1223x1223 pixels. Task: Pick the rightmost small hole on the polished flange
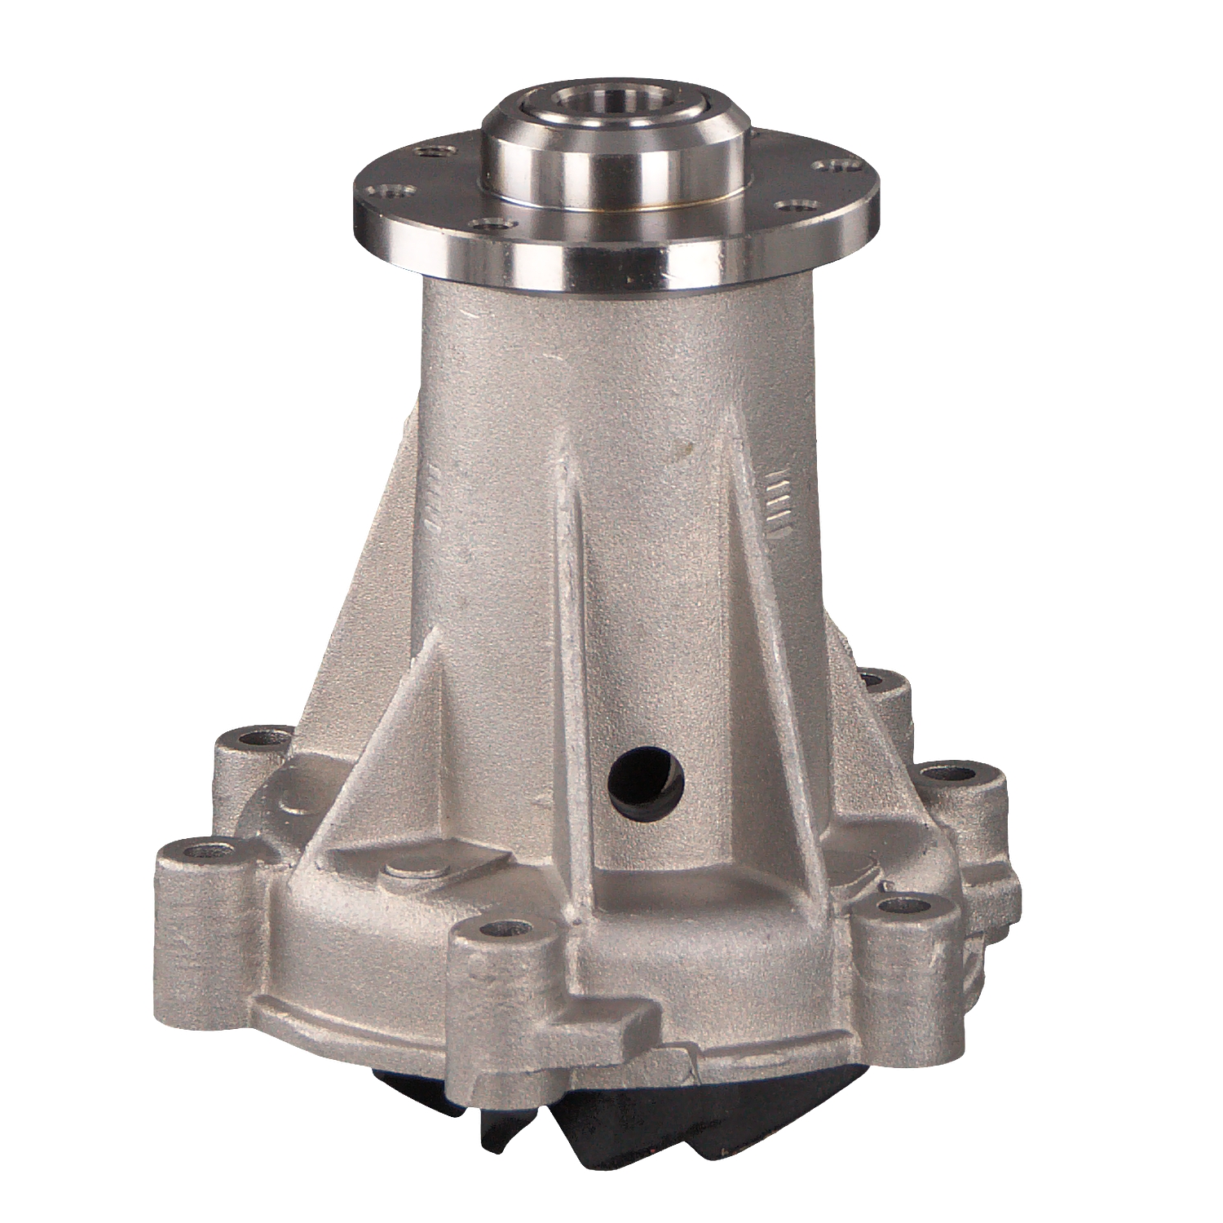pos(832,166)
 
